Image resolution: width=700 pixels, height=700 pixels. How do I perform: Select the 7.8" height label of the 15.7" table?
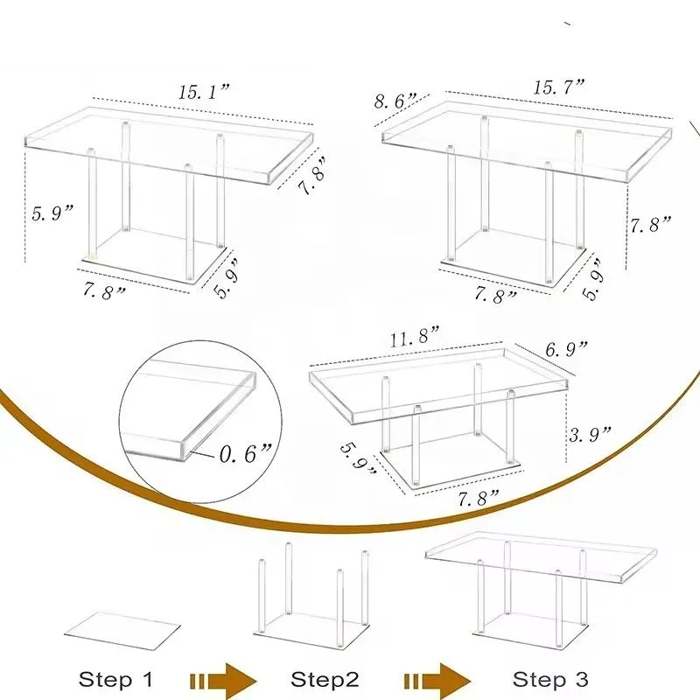coord(651,225)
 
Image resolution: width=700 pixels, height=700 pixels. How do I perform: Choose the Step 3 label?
coord(550,680)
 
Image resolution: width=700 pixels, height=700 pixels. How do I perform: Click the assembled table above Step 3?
coord(539,582)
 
